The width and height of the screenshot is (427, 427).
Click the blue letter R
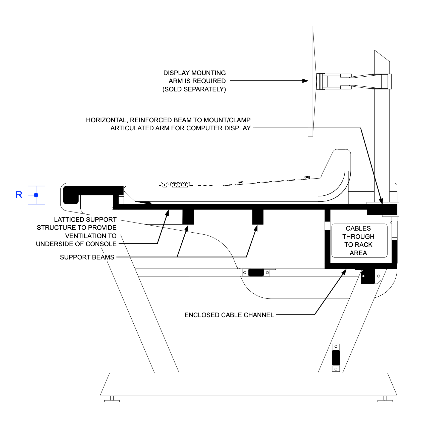(x=19, y=195)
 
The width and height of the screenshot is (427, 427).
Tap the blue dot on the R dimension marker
(x=36, y=195)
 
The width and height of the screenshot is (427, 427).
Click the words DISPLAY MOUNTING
(x=194, y=73)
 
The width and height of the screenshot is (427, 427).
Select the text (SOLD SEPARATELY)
(x=194, y=89)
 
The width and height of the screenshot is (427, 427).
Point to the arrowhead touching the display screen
(x=305, y=81)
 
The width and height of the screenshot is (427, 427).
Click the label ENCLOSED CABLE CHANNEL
(x=229, y=315)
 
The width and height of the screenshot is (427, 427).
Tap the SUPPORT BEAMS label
(x=87, y=257)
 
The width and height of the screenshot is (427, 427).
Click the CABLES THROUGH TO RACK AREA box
(x=359, y=241)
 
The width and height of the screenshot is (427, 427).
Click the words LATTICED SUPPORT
(x=85, y=220)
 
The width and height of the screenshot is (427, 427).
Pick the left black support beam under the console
(x=188, y=217)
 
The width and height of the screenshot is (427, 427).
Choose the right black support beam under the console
(x=258, y=217)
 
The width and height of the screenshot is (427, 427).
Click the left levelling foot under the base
(x=112, y=399)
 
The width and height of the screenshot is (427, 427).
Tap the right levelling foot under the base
(x=385, y=399)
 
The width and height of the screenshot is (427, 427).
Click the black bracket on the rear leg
(x=336, y=358)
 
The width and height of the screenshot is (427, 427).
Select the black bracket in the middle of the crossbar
(x=256, y=273)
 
